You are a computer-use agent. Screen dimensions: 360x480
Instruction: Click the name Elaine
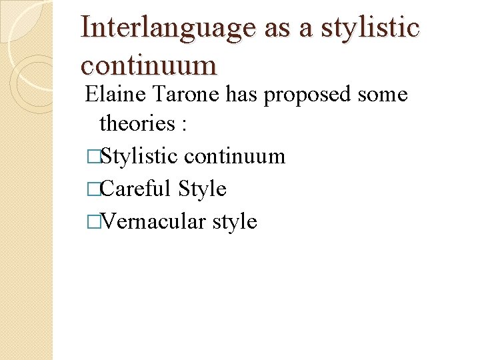pos(117,95)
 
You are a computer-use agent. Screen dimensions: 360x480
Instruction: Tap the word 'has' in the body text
pos(244,95)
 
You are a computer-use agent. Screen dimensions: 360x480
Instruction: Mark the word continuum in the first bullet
pos(234,157)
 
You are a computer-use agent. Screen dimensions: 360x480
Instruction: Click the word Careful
pos(137,189)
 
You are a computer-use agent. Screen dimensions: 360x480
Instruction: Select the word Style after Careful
pos(203,189)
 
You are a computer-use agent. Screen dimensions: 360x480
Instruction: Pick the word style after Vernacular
pos(234,221)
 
